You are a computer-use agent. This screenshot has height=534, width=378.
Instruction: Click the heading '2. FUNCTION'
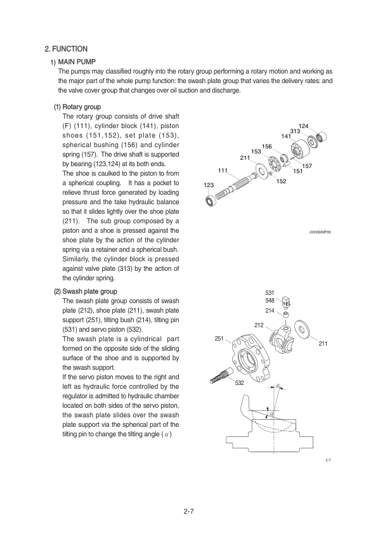(x=66, y=49)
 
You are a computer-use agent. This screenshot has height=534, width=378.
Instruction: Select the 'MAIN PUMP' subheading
(x=77, y=62)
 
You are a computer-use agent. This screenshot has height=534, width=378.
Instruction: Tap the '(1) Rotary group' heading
(x=77, y=107)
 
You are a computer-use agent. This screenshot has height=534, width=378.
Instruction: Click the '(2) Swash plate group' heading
(x=86, y=292)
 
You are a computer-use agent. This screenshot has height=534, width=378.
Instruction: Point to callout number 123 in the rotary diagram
(x=209, y=185)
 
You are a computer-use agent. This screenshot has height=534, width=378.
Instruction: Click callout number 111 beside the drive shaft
(x=223, y=170)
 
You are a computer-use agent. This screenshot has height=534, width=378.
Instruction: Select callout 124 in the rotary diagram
(x=303, y=126)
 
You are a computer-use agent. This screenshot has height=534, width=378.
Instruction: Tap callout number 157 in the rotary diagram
(x=307, y=166)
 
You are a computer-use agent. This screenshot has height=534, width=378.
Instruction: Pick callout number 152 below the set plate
(x=282, y=181)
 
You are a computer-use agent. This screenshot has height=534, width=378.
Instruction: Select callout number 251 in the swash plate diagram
(x=219, y=338)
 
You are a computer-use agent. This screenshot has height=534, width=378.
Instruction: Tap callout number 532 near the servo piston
(x=239, y=383)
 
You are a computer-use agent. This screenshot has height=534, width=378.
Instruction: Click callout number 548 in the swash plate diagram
(x=270, y=301)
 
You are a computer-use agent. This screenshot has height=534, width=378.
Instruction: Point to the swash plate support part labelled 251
(x=251, y=360)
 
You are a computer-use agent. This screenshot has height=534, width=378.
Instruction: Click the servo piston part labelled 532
(x=219, y=377)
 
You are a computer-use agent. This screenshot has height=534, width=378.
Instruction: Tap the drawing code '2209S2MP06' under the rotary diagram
(x=320, y=232)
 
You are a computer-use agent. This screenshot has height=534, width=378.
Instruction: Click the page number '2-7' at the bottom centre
(x=188, y=511)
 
